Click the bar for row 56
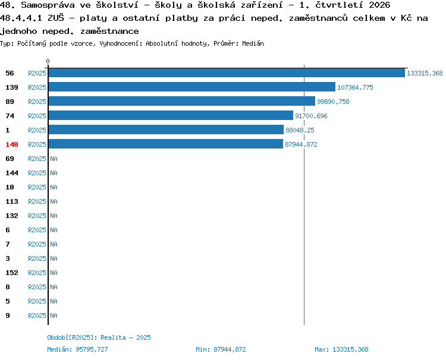[x=227, y=72]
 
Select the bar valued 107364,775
[x=192, y=87]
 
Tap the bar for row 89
[x=182, y=101]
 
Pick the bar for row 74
[x=171, y=115]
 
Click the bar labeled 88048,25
[x=166, y=130]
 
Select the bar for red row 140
[x=166, y=144]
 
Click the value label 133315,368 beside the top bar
[x=425, y=73]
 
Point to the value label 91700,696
[x=311, y=116]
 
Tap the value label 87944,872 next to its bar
[x=301, y=144]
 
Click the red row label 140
[x=12, y=144]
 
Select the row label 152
[x=12, y=273]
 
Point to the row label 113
[x=12, y=201]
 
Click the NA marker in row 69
[x=54, y=159]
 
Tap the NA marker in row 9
[x=54, y=315]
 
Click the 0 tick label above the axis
[x=48, y=61]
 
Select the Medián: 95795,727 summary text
[x=77, y=349]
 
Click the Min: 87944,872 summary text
[x=221, y=349]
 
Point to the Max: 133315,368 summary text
[x=341, y=349]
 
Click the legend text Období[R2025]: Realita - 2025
[x=99, y=337]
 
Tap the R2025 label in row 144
[x=37, y=173]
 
